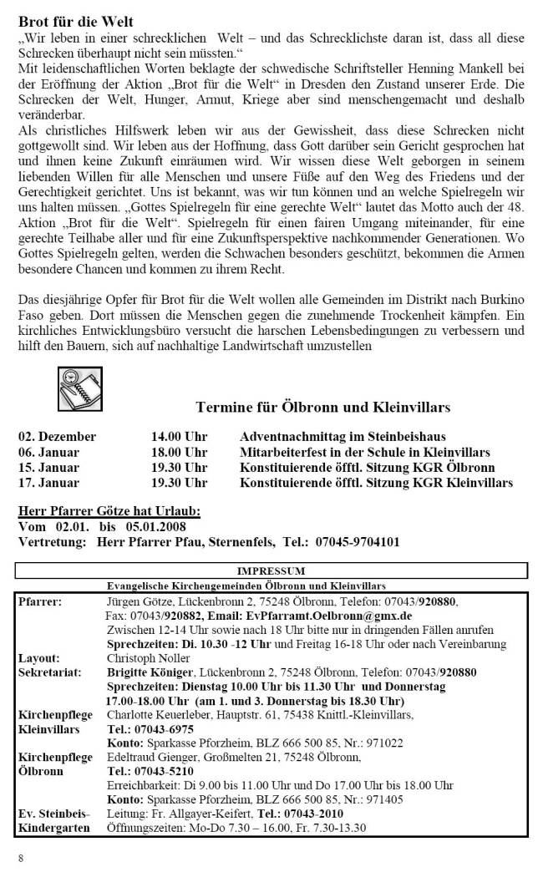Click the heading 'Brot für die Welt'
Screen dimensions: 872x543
(75, 21)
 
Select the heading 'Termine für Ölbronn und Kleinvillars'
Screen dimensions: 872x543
(322, 408)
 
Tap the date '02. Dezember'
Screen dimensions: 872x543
(58, 437)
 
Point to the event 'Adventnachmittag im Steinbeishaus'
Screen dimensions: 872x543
(343, 437)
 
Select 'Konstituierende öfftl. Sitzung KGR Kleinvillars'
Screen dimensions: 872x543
(376, 483)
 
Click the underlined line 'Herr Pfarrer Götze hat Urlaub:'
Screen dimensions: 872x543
(109, 512)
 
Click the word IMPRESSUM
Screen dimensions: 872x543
(271, 571)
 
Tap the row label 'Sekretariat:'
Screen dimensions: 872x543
(48, 671)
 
